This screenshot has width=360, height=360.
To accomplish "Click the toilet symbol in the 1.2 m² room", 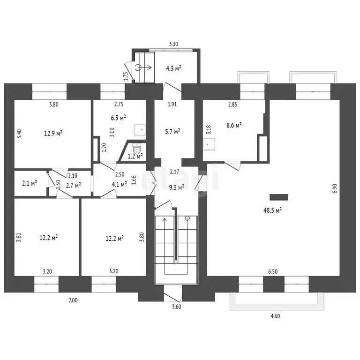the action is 137,149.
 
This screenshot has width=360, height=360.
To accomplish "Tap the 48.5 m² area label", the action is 273,210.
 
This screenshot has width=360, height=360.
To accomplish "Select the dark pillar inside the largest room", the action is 279,197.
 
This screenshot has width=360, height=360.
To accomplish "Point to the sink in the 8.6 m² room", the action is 209,144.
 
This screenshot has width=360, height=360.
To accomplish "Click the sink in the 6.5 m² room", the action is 140,130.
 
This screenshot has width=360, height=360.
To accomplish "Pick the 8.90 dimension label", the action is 335,188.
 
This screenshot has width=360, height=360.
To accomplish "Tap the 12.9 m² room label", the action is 53,133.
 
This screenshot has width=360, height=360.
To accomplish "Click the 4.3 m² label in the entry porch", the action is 173,68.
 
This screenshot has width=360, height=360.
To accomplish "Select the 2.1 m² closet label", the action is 30,183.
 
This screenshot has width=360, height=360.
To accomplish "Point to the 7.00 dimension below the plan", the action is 73,300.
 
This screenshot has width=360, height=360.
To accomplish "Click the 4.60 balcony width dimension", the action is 275,316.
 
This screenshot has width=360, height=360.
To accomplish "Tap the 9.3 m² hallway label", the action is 177,187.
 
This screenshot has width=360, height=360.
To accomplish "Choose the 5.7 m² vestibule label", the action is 172,132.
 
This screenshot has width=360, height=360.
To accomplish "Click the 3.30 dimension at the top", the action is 173,44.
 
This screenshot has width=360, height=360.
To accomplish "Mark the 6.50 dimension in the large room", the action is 273,271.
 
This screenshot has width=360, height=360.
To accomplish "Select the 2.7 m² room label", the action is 74,185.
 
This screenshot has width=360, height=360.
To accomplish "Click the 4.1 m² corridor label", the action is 119,184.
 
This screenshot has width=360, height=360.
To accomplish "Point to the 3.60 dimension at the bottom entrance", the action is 177,307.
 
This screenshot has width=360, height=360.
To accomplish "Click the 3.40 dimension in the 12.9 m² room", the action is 20,134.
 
